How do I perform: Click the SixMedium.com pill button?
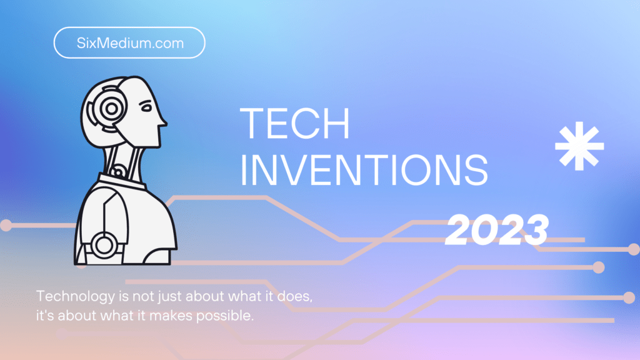(x=129, y=42)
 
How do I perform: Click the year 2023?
(x=497, y=229)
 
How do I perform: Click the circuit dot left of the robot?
(x=6, y=225)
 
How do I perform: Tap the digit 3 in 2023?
(x=534, y=229)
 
